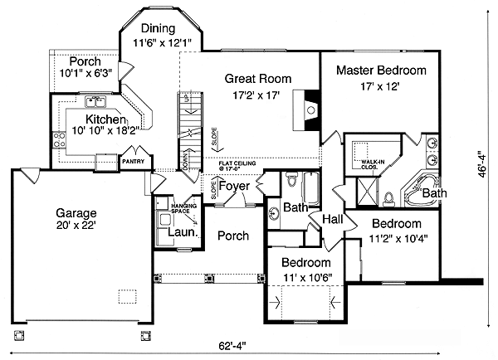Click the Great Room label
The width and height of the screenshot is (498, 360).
(258, 79)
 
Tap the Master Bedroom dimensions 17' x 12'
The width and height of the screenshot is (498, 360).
(381, 86)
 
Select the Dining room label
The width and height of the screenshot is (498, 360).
(158, 28)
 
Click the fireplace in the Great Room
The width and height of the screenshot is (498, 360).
(310, 108)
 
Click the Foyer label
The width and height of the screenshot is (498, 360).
(235, 187)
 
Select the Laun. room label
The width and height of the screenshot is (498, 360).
(184, 233)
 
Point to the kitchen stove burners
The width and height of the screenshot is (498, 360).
(60, 139)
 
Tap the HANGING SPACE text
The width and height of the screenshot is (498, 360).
(182, 207)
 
